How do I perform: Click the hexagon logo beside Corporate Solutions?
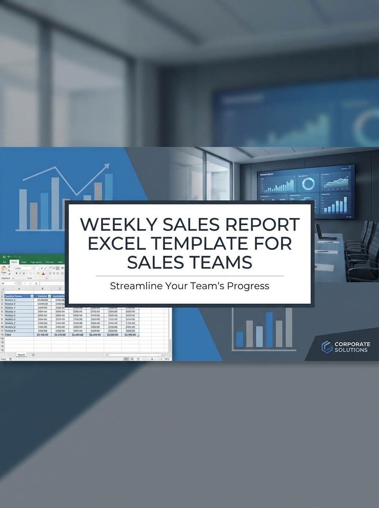[327, 347]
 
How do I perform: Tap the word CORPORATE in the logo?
[352, 344]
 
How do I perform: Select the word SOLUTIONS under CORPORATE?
[351, 350]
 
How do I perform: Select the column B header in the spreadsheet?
[42, 289]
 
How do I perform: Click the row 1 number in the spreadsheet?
[2, 292]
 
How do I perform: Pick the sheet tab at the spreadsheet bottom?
[21, 355]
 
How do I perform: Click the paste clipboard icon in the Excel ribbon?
[4, 270]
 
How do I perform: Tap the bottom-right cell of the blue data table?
[130, 334]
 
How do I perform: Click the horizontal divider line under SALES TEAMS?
[189, 276]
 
